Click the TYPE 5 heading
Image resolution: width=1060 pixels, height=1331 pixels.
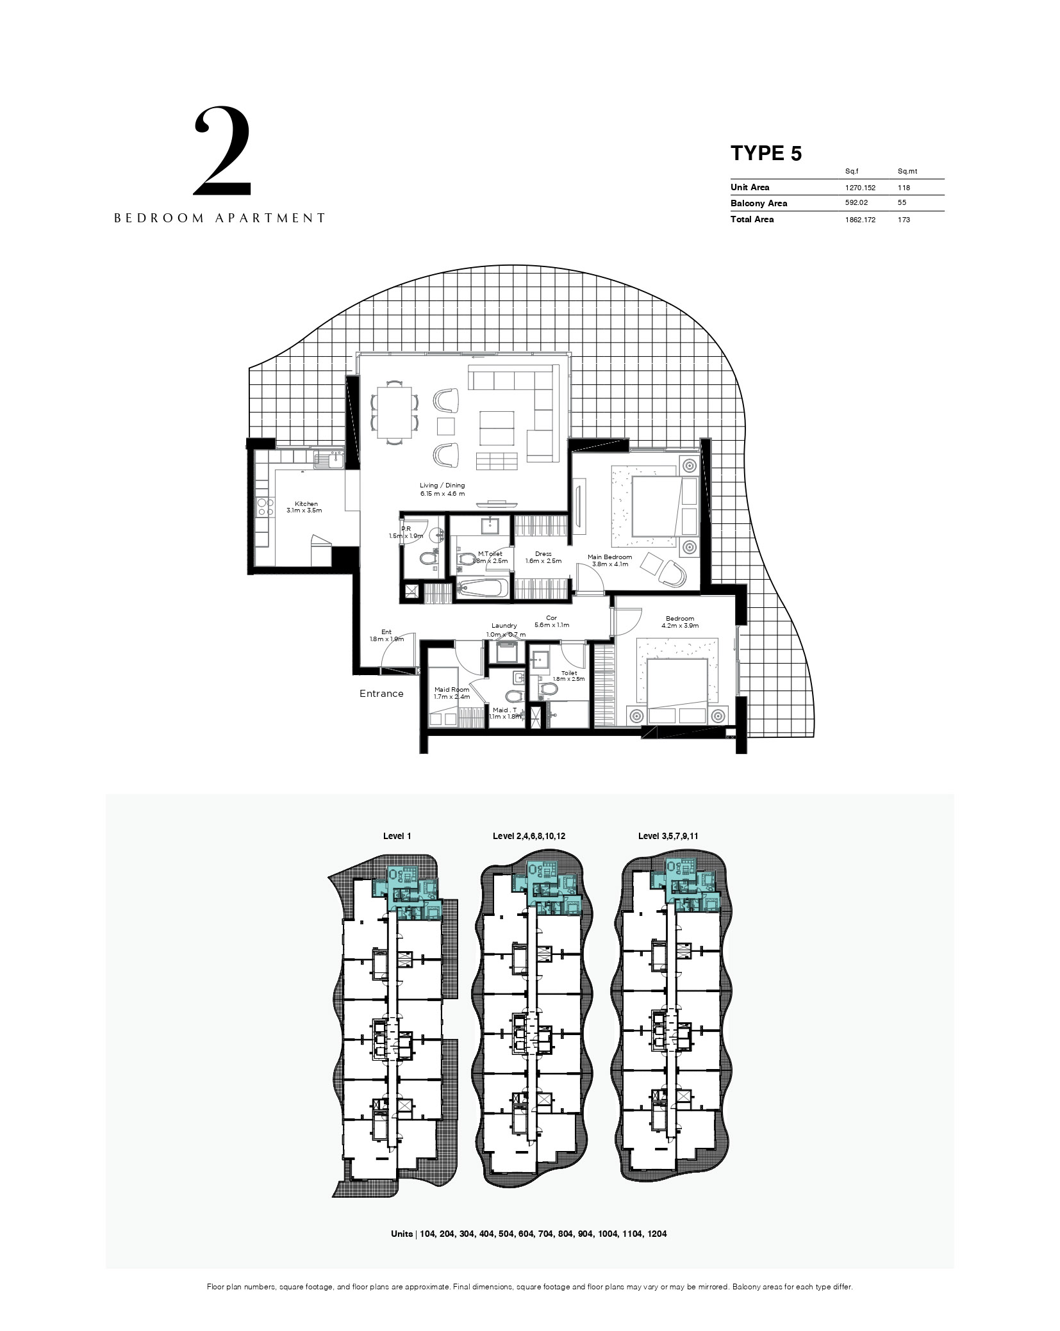tap(766, 153)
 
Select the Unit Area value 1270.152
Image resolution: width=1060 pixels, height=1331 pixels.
tap(860, 188)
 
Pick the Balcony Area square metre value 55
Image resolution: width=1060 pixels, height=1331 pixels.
tap(902, 203)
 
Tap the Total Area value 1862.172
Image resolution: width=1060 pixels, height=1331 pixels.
tap(860, 220)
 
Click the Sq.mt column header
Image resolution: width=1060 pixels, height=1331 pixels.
tap(907, 172)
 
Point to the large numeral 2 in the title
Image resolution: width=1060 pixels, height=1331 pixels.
tap(222, 151)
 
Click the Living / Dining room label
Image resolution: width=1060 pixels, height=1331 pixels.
tap(442, 486)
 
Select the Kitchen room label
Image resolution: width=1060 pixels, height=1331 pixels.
tap(306, 503)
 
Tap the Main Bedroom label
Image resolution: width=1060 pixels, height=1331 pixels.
tap(609, 557)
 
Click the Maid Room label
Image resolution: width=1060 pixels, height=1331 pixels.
tap(452, 690)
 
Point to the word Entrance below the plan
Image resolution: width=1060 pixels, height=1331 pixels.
tap(381, 694)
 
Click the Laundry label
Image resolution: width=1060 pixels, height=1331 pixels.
tap(504, 626)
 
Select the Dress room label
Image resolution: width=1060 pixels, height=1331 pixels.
tap(543, 554)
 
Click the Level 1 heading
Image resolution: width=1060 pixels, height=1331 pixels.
tap(397, 836)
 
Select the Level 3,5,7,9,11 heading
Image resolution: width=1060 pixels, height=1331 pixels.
tap(668, 836)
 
